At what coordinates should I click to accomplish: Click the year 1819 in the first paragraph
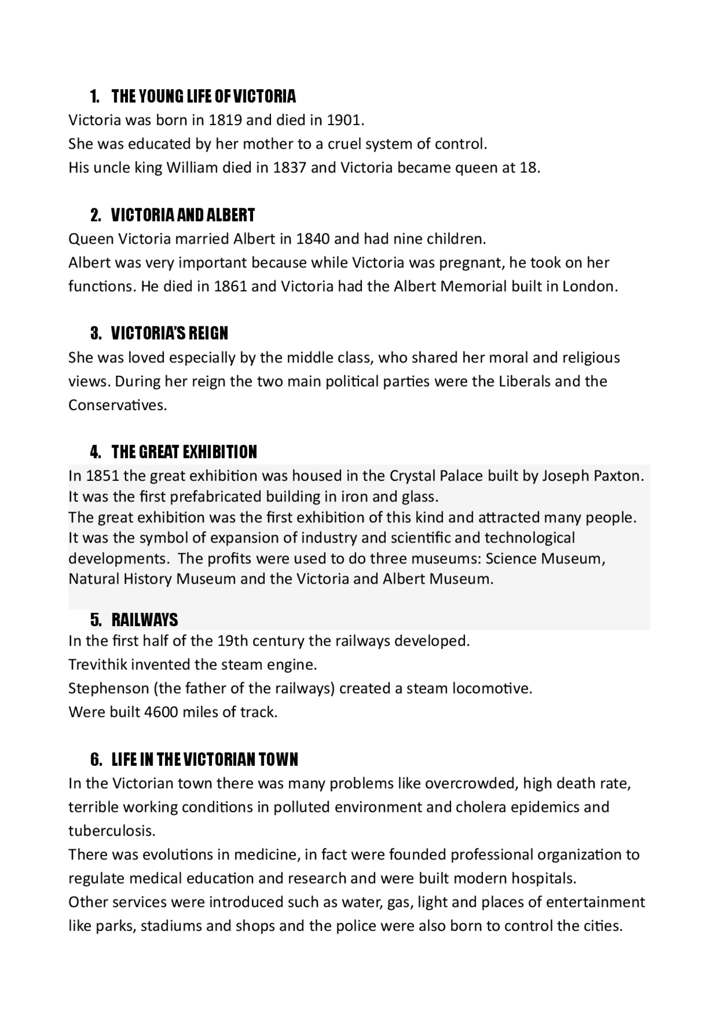point(225,120)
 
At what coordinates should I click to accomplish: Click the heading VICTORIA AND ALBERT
point(183,215)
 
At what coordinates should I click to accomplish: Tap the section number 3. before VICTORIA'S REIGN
point(96,334)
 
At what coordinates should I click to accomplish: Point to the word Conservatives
point(117,405)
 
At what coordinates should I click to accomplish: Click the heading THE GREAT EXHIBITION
point(184,452)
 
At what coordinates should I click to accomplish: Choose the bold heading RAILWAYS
point(145,620)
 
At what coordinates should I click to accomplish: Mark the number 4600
point(161,712)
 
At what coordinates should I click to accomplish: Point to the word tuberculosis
point(112,831)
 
